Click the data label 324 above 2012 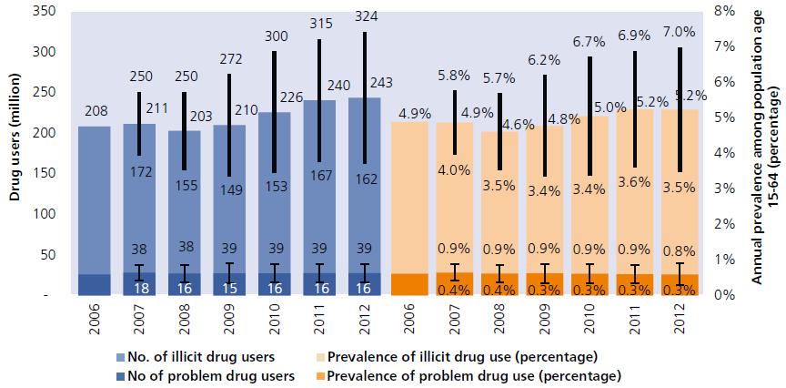point(363,16)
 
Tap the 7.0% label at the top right point(680,31)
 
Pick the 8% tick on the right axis point(720,11)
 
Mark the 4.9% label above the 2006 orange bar point(408,114)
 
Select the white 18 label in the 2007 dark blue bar point(140,286)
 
